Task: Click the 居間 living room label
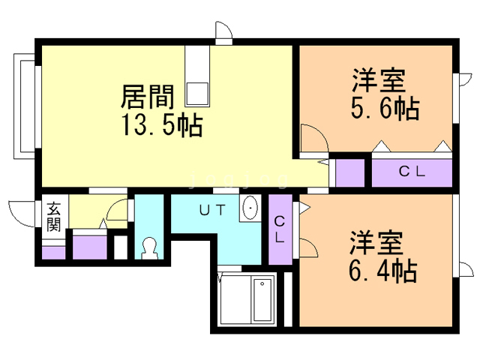pyautogui.click(x=148, y=97)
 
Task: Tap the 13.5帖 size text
pyautogui.click(x=162, y=124)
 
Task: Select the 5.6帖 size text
pyautogui.click(x=385, y=108)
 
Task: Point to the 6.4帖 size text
pyautogui.click(x=383, y=270)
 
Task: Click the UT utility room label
pyautogui.click(x=212, y=210)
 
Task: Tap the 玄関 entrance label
pyautogui.click(x=53, y=217)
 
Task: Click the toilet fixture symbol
pyautogui.click(x=149, y=248)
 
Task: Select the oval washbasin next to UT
pyautogui.click(x=250, y=208)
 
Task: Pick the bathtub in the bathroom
pyautogui.click(x=262, y=300)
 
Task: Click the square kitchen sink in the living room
pyautogui.click(x=197, y=94)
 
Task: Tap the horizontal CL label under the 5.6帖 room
pyautogui.click(x=412, y=172)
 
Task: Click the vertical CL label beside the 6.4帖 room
pyautogui.click(x=280, y=229)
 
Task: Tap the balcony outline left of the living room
pyautogui.click(x=25, y=106)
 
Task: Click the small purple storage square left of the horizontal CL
pyautogui.click(x=350, y=173)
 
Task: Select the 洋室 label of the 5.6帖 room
pyautogui.click(x=379, y=80)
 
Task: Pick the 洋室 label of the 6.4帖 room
pyautogui.click(x=376, y=243)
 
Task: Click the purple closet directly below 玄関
pyautogui.click(x=53, y=253)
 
